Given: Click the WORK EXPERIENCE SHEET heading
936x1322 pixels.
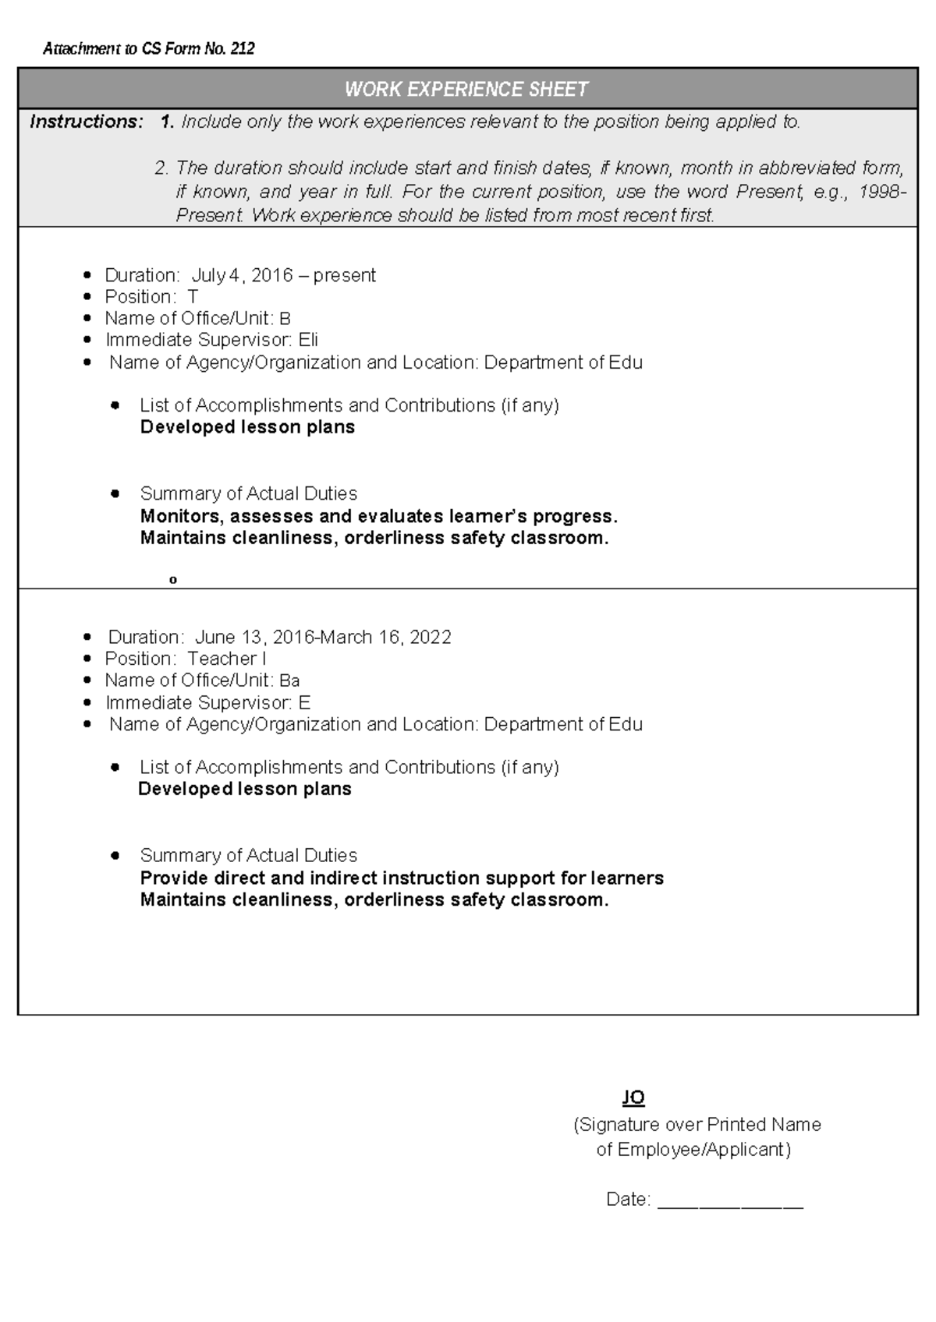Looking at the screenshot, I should (x=466, y=90).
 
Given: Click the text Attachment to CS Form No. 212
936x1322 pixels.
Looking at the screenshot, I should (x=148, y=49).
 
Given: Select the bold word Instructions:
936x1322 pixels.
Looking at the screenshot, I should (x=87, y=122).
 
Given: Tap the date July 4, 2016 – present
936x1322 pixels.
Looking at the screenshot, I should (x=283, y=275).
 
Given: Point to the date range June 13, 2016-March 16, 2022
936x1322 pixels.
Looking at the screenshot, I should (x=323, y=637).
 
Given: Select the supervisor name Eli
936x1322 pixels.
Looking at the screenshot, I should (x=308, y=340).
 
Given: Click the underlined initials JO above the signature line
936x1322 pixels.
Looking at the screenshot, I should (x=633, y=1098).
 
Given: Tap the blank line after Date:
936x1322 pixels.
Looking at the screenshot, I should (x=730, y=1201).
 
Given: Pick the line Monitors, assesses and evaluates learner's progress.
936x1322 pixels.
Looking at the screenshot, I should (x=378, y=516).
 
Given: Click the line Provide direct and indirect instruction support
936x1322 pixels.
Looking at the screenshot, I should (x=402, y=878).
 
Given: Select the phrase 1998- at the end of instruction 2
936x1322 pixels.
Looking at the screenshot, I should (x=882, y=192).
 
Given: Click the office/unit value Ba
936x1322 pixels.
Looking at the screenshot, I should (x=289, y=680).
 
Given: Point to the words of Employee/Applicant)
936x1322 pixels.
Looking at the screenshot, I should (x=693, y=1150).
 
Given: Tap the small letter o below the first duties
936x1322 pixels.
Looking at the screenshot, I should (x=173, y=580).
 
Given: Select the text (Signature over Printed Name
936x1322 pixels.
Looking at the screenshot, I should (x=697, y=1125).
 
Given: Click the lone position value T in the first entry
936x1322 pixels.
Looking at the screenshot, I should (x=193, y=297).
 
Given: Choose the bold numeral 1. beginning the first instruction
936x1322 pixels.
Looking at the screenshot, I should (x=167, y=122).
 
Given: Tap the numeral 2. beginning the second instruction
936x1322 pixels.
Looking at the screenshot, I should (x=161, y=168).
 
